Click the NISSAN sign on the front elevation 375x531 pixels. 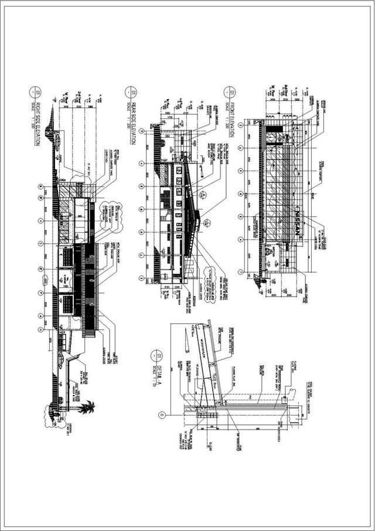[x=299, y=222]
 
